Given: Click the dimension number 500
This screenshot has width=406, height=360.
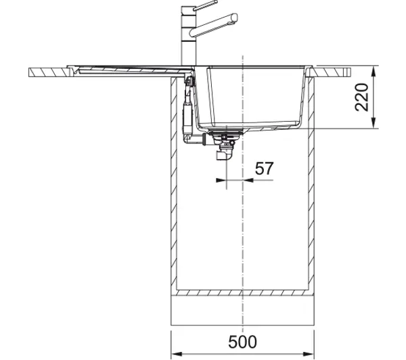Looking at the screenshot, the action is pyautogui.click(x=242, y=342).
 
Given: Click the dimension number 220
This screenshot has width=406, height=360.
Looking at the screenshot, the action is pyautogui.click(x=362, y=97).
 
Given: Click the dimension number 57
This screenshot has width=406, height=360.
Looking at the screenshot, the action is pyautogui.click(x=264, y=168).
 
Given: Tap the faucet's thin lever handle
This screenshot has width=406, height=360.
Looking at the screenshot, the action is pyautogui.click(x=205, y=5).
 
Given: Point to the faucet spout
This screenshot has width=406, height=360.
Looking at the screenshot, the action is pyautogui.click(x=213, y=25).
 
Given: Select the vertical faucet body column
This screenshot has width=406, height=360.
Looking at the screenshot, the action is pyautogui.click(x=189, y=37).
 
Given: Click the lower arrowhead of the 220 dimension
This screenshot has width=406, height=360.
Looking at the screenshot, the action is pyautogui.click(x=374, y=122).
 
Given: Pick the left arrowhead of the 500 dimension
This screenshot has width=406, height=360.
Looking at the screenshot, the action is pyautogui.click(x=177, y=354).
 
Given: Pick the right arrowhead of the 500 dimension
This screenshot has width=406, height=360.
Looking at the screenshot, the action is pyautogui.click(x=309, y=354).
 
